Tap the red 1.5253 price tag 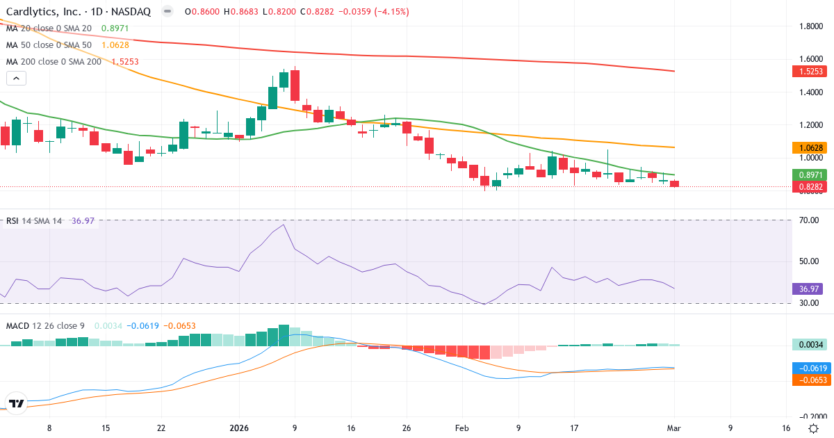(x=810, y=72)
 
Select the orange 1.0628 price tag (x=810, y=147)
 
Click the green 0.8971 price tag (x=810, y=175)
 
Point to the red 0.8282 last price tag (x=810, y=186)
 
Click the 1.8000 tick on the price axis (x=810, y=26)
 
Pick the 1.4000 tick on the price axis (x=810, y=92)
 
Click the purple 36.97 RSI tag (x=807, y=289)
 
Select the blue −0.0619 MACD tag (x=810, y=368)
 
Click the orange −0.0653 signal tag (x=810, y=380)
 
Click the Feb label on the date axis (x=462, y=428)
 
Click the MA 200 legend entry (x=54, y=61)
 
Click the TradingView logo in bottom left (x=16, y=403)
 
